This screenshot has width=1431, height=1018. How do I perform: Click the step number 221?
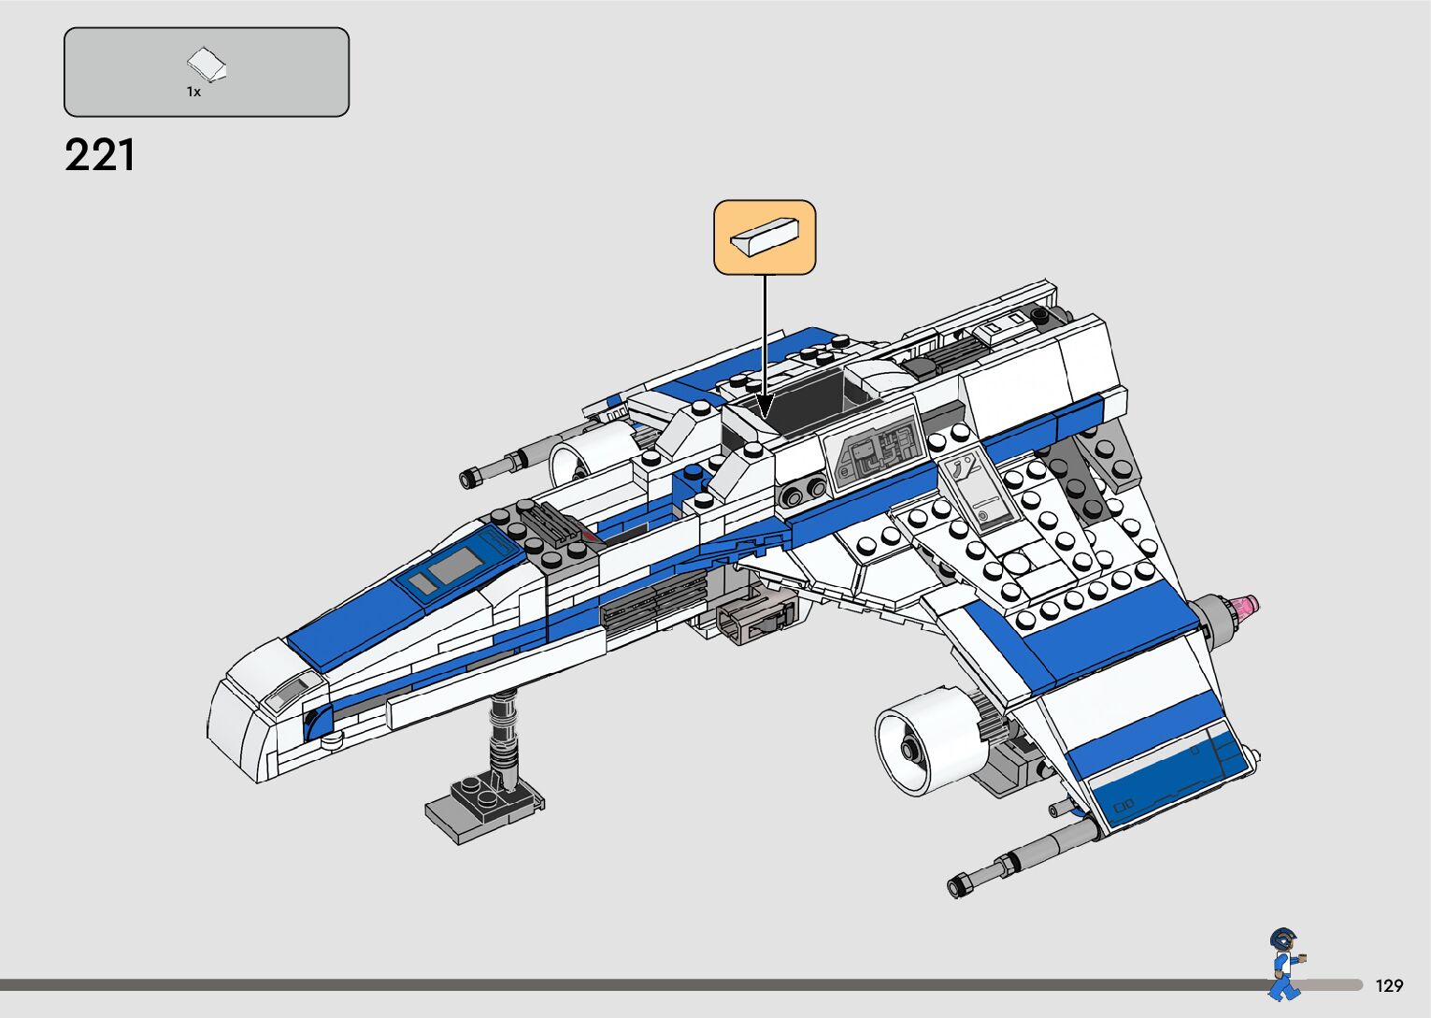tap(100, 155)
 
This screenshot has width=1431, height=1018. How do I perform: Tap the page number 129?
tap(1389, 985)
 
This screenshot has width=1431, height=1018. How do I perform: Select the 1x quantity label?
tap(193, 92)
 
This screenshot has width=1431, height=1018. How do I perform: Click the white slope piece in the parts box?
tap(207, 65)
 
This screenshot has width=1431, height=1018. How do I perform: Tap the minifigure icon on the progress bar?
tap(1284, 964)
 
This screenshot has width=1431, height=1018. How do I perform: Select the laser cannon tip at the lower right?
tap(961, 883)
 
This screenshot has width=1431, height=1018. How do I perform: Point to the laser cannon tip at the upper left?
tap(470, 479)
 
